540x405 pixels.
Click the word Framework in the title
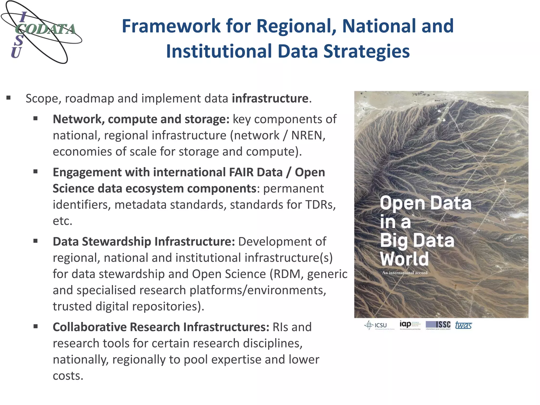click(171, 26)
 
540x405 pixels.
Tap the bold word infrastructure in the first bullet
click(270, 98)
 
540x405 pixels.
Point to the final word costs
click(68, 376)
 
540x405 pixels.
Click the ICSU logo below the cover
click(376, 325)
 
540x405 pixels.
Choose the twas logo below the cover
click(463, 325)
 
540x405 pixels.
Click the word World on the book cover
click(404, 259)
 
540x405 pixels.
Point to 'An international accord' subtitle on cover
click(404, 273)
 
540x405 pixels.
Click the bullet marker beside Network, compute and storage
click(36, 119)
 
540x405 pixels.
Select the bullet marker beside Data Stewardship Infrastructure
click(36, 241)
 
